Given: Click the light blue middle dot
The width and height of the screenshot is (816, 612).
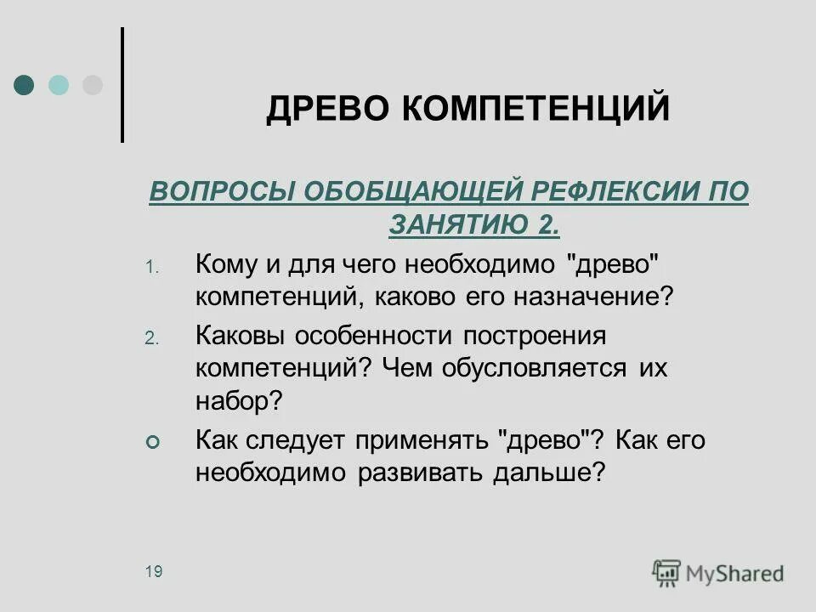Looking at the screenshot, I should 59,85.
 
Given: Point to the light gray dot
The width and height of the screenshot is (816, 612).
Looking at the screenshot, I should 92,85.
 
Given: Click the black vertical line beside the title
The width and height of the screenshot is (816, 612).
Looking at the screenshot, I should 123,85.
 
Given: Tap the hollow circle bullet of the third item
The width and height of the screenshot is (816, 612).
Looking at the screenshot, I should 152,443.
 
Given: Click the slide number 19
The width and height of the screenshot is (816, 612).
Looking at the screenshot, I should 153,571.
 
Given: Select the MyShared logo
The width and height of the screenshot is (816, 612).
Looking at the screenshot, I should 718,572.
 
